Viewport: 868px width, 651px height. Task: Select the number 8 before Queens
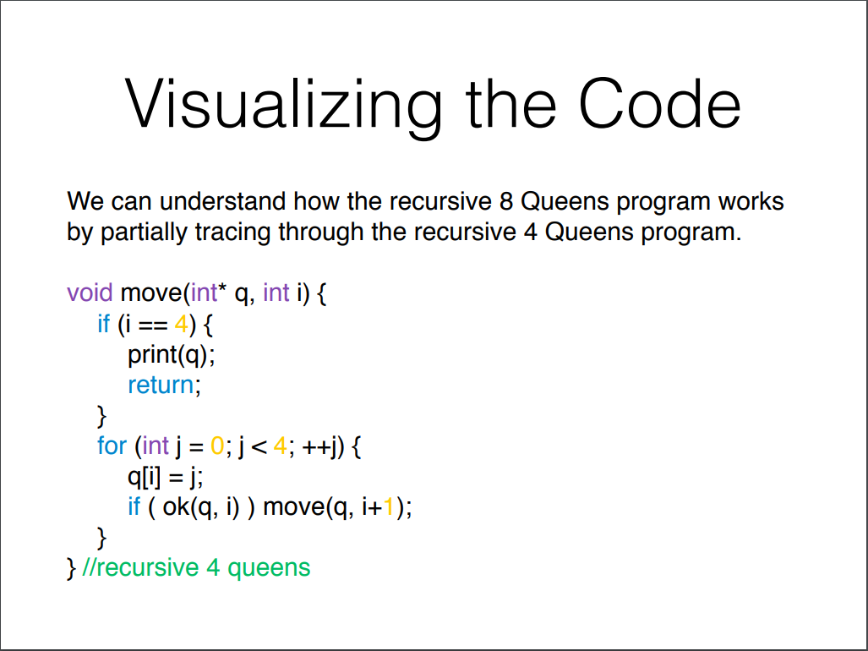(x=505, y=202)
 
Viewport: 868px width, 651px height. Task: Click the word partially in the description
(x=145, y=232)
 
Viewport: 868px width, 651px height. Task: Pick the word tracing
(x=231, y=232)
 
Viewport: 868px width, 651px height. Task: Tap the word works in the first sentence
(x=751, y=202)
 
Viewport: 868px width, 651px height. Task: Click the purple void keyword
(x=90, y=293)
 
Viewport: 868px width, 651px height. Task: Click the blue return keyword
(x=161, y=385)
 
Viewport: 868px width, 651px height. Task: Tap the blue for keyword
(x=112, y=446)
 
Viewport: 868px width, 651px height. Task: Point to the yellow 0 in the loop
(x=216, y=446)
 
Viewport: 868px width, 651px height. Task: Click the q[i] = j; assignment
(x=166, y=476)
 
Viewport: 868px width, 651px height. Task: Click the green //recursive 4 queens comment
(x=197, y=567)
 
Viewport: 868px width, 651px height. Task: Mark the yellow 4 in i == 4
(x=180, y=324)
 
